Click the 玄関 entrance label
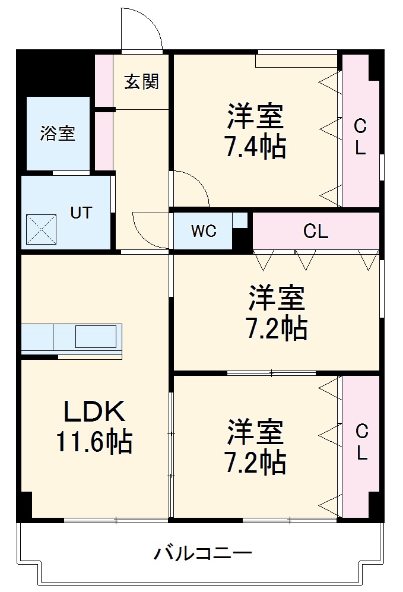(x=141, y=81)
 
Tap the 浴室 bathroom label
(x=58, y=133)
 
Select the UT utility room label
(x=81, y=212)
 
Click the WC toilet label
(x=203, y=231)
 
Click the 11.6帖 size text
(x=94, y=441)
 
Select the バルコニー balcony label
(x=204, y=554)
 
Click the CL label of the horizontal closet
(x=315, y=232)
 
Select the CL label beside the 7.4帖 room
(x=360, y=137)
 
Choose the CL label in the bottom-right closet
(x=361, y=442)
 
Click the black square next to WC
(x=242, y=239)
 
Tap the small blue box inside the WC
(x=239, y=220)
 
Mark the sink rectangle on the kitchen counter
(x=95, y=337)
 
